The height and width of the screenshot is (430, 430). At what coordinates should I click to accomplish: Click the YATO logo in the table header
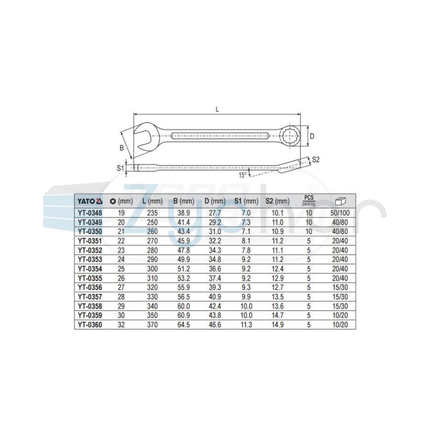pos(90,202)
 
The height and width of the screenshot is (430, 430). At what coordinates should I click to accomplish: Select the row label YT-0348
pos(90,213)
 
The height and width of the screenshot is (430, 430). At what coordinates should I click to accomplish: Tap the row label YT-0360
pos(90,325)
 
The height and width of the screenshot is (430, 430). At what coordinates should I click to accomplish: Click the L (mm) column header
pos(153,202)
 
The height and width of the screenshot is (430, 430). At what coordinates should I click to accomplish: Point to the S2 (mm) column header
pos(277,202)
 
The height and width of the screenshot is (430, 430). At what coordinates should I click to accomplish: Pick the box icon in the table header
pos(340,202)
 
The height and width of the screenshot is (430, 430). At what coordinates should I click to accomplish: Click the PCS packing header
pos(309,201)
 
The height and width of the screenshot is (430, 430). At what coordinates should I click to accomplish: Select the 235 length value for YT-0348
pos(153,213)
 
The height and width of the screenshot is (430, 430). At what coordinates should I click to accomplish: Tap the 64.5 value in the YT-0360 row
pos(184,325)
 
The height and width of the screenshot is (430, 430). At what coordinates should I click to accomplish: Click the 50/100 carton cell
pos(340,213)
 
